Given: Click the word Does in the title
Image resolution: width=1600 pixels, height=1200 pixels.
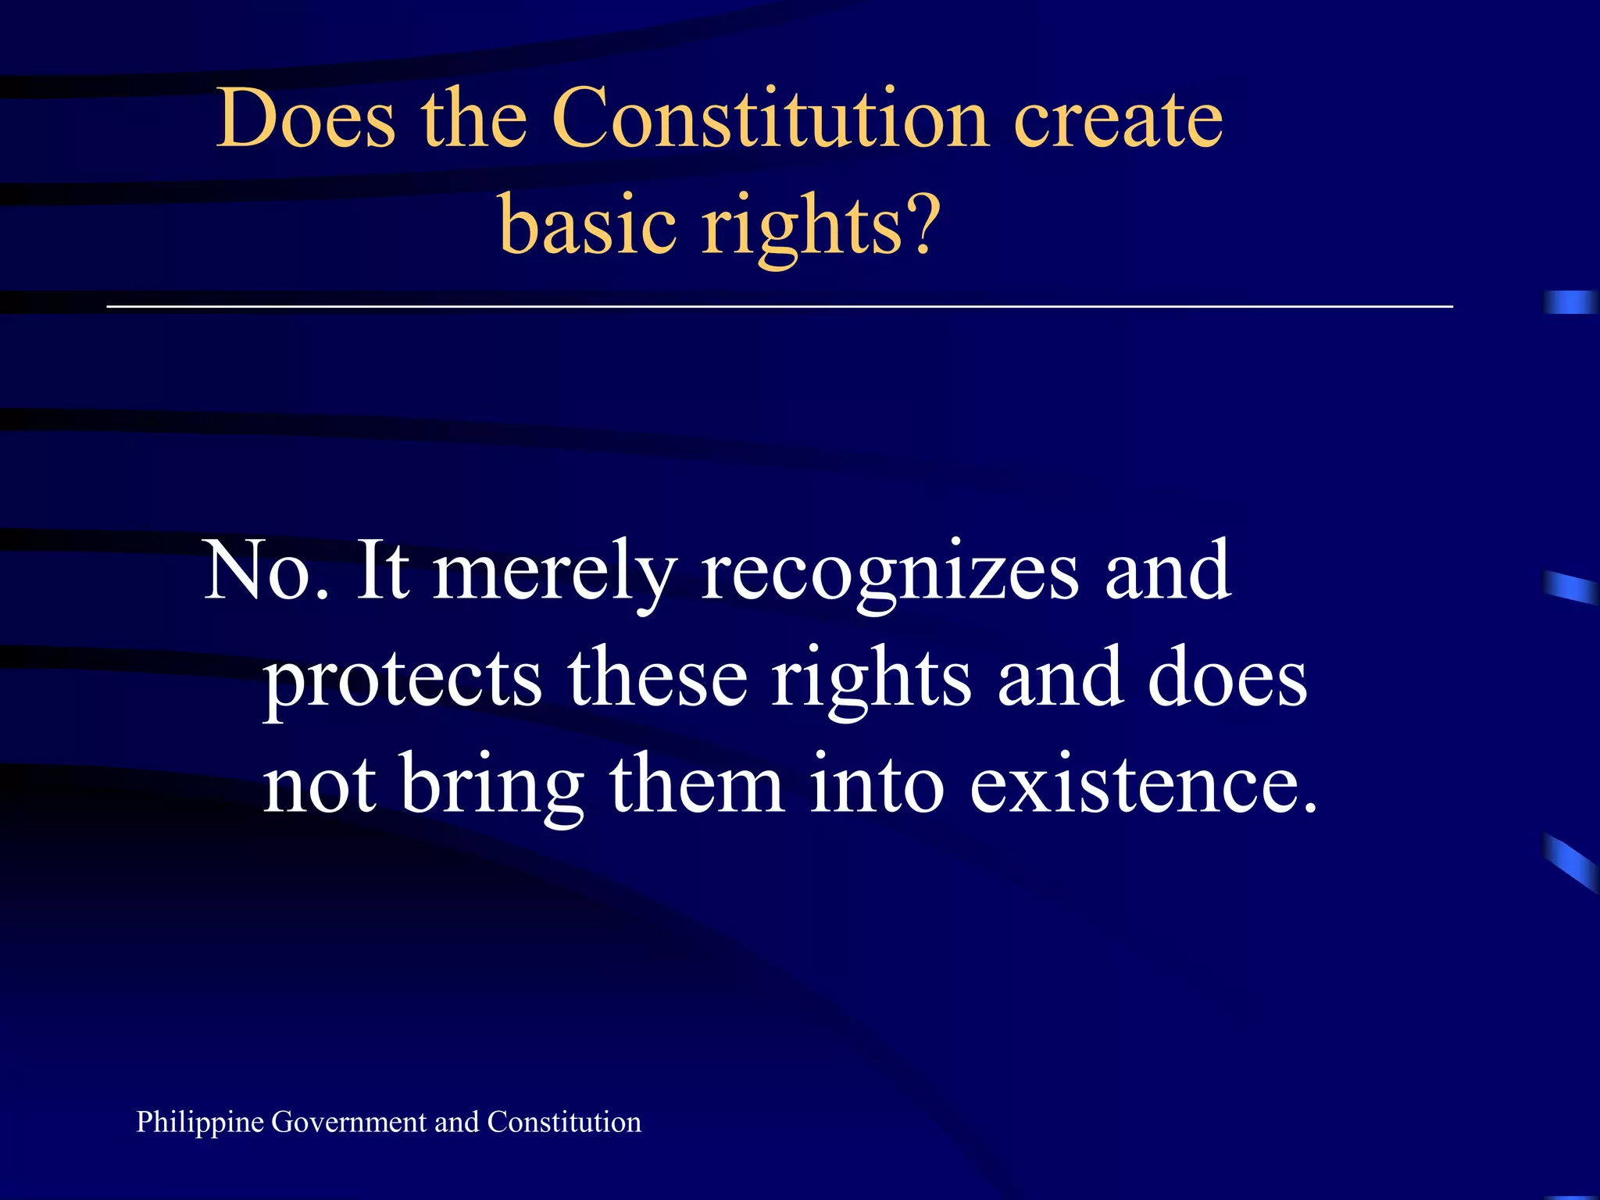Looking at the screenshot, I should [x=305, y=119].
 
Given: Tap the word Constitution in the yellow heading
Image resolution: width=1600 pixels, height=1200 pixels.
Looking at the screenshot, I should [x=770, y=119].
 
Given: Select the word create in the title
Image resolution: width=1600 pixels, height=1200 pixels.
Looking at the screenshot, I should [x=1118, y=119].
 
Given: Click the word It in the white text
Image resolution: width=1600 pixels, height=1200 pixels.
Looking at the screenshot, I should [x=382, y=571].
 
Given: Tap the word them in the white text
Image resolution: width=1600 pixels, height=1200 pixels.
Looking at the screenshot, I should [x=697, y=783].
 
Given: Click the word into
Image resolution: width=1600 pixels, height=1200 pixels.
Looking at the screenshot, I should [x=877, y=783].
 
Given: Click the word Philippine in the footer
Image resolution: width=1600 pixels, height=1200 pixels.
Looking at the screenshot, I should [x=200, y=1123].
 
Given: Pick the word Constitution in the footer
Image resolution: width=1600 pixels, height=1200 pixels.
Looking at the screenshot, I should [x=564, y=1122].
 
